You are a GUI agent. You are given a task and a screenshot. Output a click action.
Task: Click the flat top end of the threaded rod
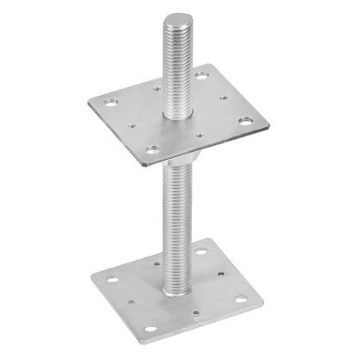(179, 19)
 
